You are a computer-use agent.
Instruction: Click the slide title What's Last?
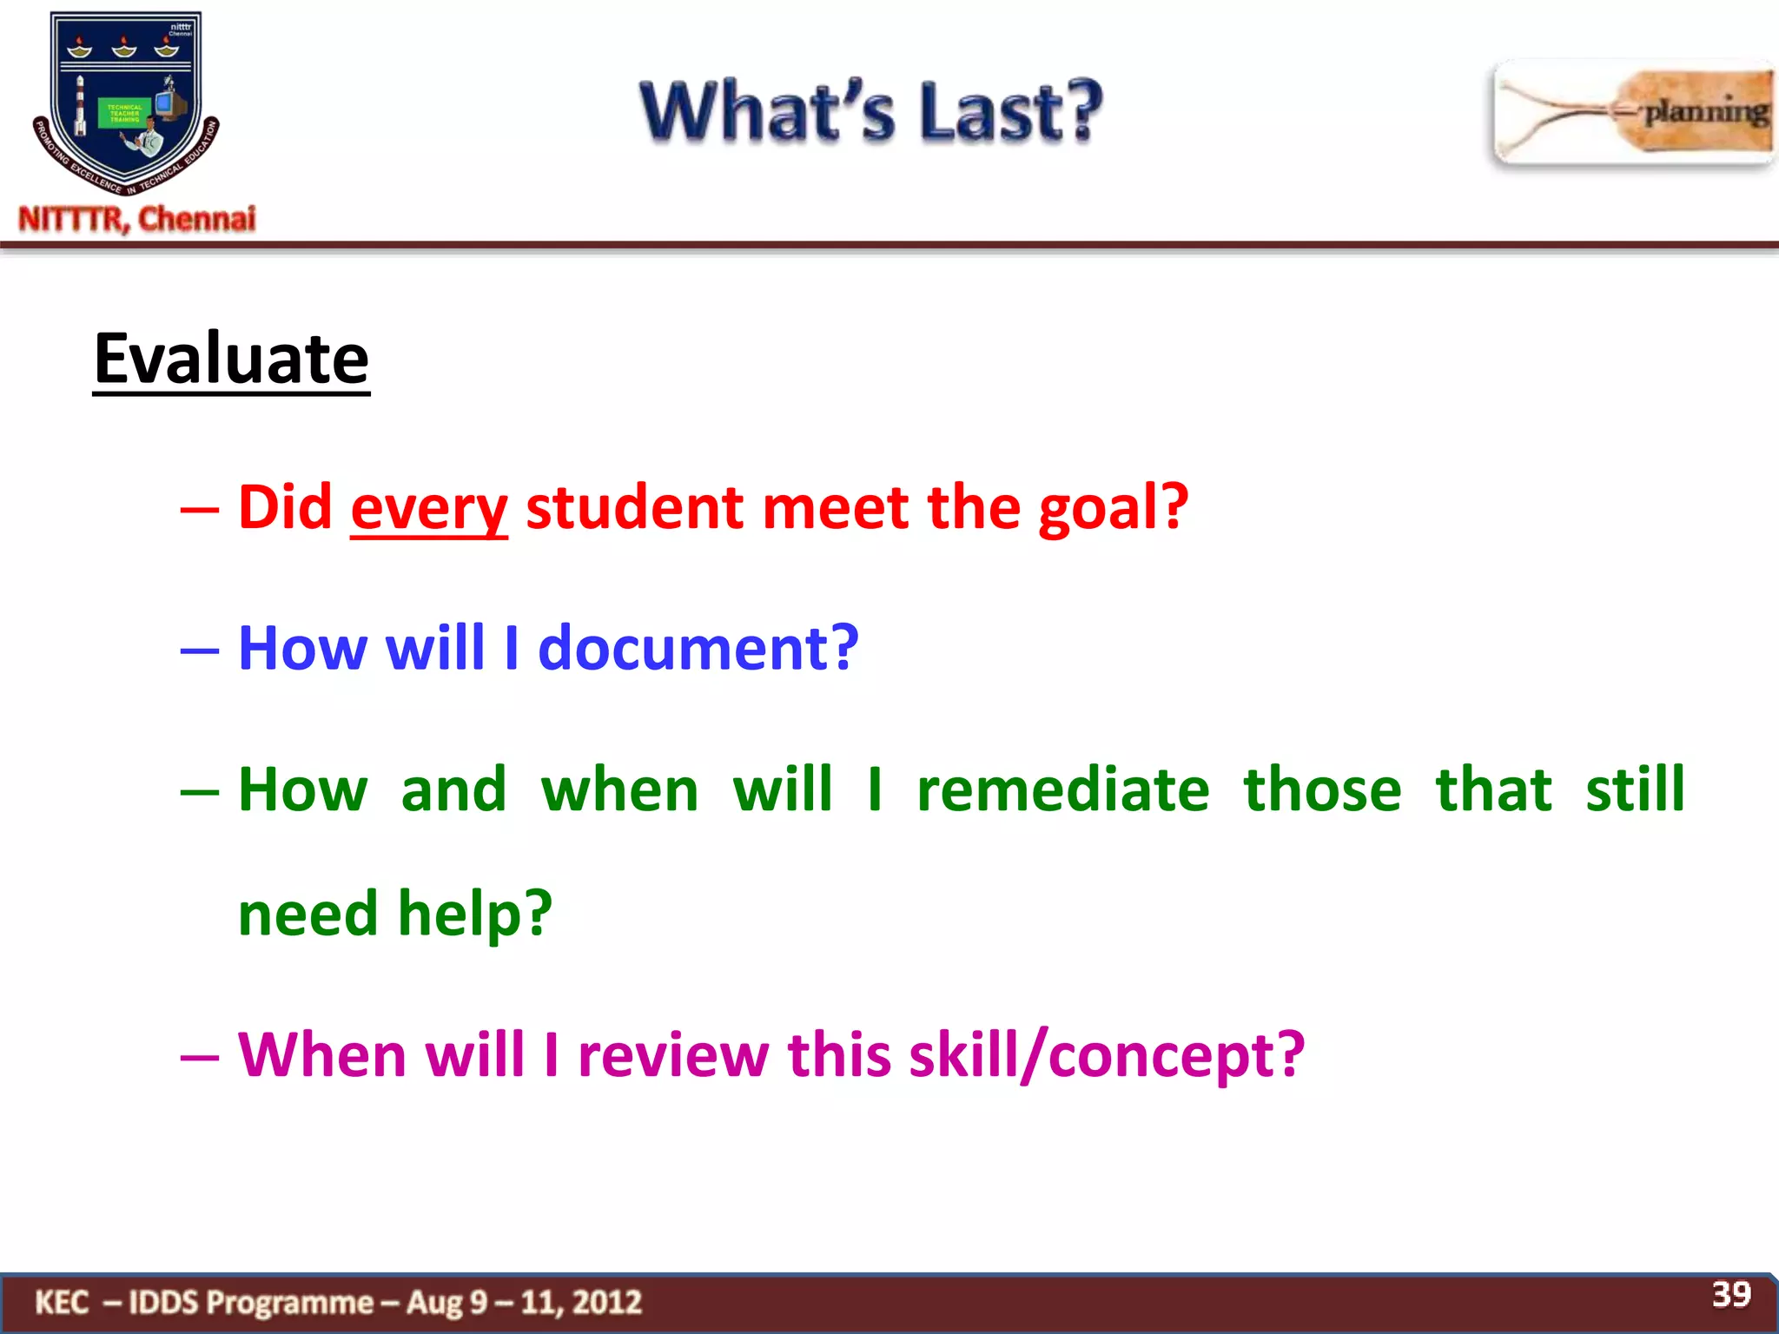tap(871, 111)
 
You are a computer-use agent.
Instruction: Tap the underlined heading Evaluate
tap(231, 359)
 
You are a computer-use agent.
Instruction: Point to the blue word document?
tap(698, 648)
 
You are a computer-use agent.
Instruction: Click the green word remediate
tap(1062, 789)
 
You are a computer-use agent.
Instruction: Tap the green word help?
tap(474, 914)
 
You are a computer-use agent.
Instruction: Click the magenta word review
tap(673, 1054)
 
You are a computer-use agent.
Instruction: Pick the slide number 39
tap(1730, 1294)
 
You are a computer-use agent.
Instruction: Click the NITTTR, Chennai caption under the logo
tap(137, 219)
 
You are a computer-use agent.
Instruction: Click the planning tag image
tap(1633, 113)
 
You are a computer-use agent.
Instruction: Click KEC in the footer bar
tap(62, 1302)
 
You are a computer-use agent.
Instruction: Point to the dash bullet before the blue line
tap(199, 650)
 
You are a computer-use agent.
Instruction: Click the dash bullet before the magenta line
tap(199, 1057)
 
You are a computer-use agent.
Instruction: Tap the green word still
tap(1635, 789)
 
